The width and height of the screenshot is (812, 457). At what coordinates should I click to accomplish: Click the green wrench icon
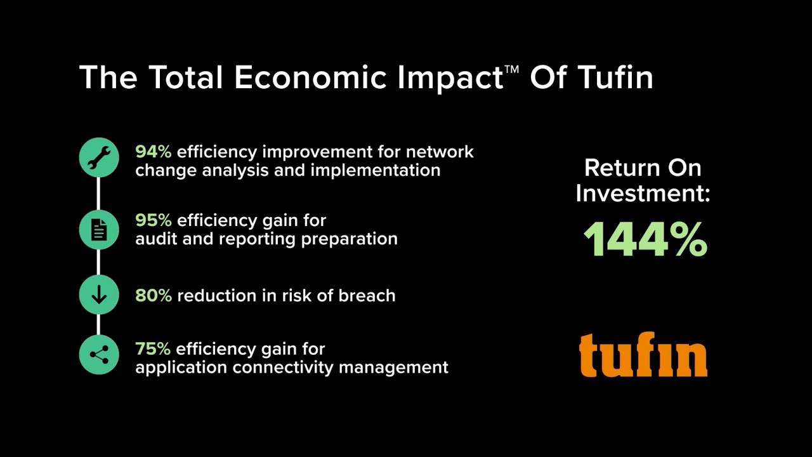coord(99,157)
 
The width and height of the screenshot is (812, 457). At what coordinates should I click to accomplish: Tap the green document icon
coord(99,229)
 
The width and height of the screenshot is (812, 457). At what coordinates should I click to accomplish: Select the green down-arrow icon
coord(99,295)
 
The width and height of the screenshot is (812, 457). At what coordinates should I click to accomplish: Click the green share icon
coord(99,355)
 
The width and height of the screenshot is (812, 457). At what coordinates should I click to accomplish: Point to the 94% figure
coord(153,152)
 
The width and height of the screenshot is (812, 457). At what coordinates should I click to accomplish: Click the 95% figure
coord(153,220)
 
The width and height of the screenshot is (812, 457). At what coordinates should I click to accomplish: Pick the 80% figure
coord(153,295)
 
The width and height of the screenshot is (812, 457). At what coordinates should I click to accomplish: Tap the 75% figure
coord(152,348)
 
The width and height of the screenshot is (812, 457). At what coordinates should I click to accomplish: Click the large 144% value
coord(645,239)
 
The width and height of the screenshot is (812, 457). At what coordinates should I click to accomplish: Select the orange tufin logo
coord(643,355)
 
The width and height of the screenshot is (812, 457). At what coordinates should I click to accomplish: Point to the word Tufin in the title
coord(615,77)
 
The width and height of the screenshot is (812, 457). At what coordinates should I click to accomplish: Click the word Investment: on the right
coord(643,192)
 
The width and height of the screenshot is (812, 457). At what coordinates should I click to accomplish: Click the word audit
coord(154,239)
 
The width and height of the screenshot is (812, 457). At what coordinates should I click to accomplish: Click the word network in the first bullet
coord(440,152)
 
